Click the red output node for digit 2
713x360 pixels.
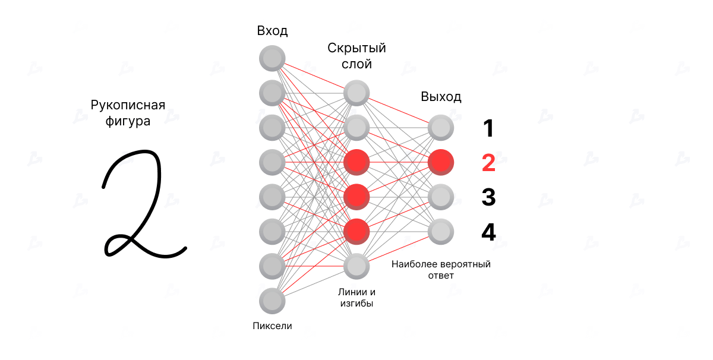point(440,162)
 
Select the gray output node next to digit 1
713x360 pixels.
point(440,128)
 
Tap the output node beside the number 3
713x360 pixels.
point(440,197)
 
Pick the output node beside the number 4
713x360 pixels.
point(440,232)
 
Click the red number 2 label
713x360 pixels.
point(488,163)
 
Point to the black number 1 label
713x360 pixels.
point(488,128)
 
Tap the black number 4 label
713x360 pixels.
point(488,232)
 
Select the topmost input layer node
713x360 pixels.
point(272,58)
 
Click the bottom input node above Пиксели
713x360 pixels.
point(272,301)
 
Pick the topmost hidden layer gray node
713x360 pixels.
point(356,93)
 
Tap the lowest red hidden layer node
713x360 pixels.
point(356,232)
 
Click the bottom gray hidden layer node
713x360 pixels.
point(356,266)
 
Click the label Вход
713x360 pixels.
point(272,31)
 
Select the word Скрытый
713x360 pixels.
point(356,48)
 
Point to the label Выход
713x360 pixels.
point(441,96)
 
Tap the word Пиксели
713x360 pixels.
point(272,326)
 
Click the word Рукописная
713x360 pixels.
point(128,105)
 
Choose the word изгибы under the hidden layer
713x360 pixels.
point(356,304)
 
